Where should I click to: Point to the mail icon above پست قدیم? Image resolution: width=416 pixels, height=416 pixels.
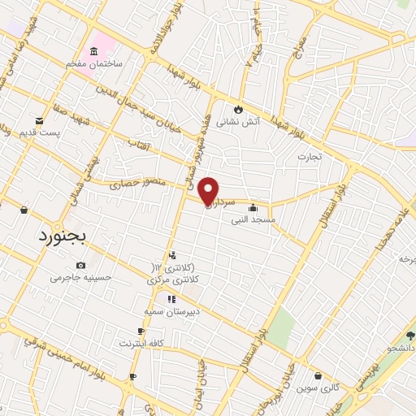click(37, 119)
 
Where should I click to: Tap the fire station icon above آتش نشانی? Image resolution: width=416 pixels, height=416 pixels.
click(238, 110)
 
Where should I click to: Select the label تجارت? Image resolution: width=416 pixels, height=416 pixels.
click(309, 155)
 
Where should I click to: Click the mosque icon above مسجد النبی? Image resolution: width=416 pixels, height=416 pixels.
click(257, 206)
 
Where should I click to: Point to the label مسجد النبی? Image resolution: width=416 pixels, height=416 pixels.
click(253, 219)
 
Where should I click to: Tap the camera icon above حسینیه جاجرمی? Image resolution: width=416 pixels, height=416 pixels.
click(80, 265)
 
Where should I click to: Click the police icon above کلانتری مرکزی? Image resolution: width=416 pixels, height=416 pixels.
click(173, 255)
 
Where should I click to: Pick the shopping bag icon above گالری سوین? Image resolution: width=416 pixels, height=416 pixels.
click(317, 376)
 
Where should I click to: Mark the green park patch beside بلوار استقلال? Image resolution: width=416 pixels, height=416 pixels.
click(281, 326)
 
